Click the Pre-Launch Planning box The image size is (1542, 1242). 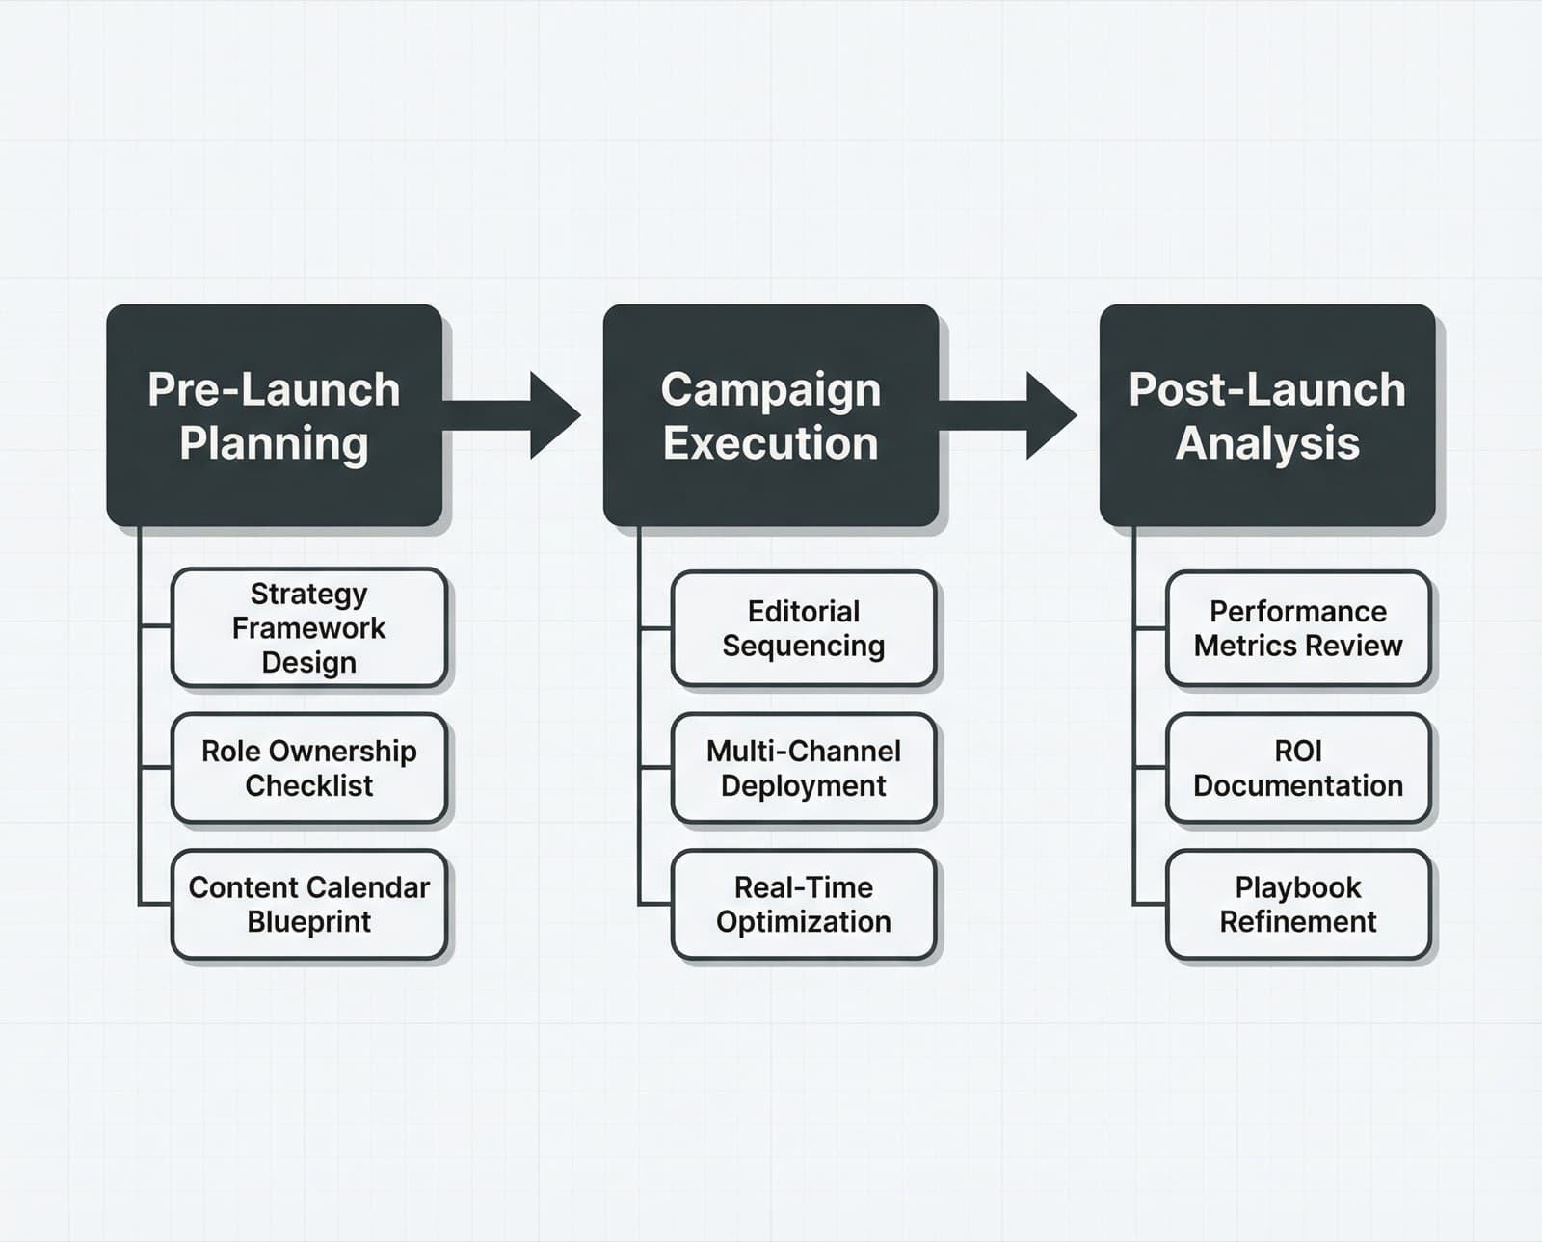[x=274, y=415]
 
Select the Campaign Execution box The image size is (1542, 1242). [x=770, y=415]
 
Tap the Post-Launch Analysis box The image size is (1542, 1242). [x=1266, y=415]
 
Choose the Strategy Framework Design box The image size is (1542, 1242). [x=308, y=627]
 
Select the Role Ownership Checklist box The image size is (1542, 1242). [x=308, y=768]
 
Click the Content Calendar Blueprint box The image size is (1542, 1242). [x=308, y=904]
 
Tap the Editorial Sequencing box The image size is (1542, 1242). [x=803, y=628]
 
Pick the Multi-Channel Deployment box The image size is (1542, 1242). [x=803, y=768]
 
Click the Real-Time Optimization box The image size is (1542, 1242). [x=803, y=904]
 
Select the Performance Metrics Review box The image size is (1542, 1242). [x=1297, y=628]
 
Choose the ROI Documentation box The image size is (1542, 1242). [x=1297, y=768]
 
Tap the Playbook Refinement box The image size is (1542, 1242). [x=1297, y=904]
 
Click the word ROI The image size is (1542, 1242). [x=1297, y=751]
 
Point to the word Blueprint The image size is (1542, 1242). [x=308, y=922]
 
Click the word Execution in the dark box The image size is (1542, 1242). [x=770, y=443]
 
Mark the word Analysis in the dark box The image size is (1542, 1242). [x=1266, y=443]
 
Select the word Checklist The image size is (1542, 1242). [x=308, y=786]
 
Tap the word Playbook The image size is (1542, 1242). [x=1297, y=886]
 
